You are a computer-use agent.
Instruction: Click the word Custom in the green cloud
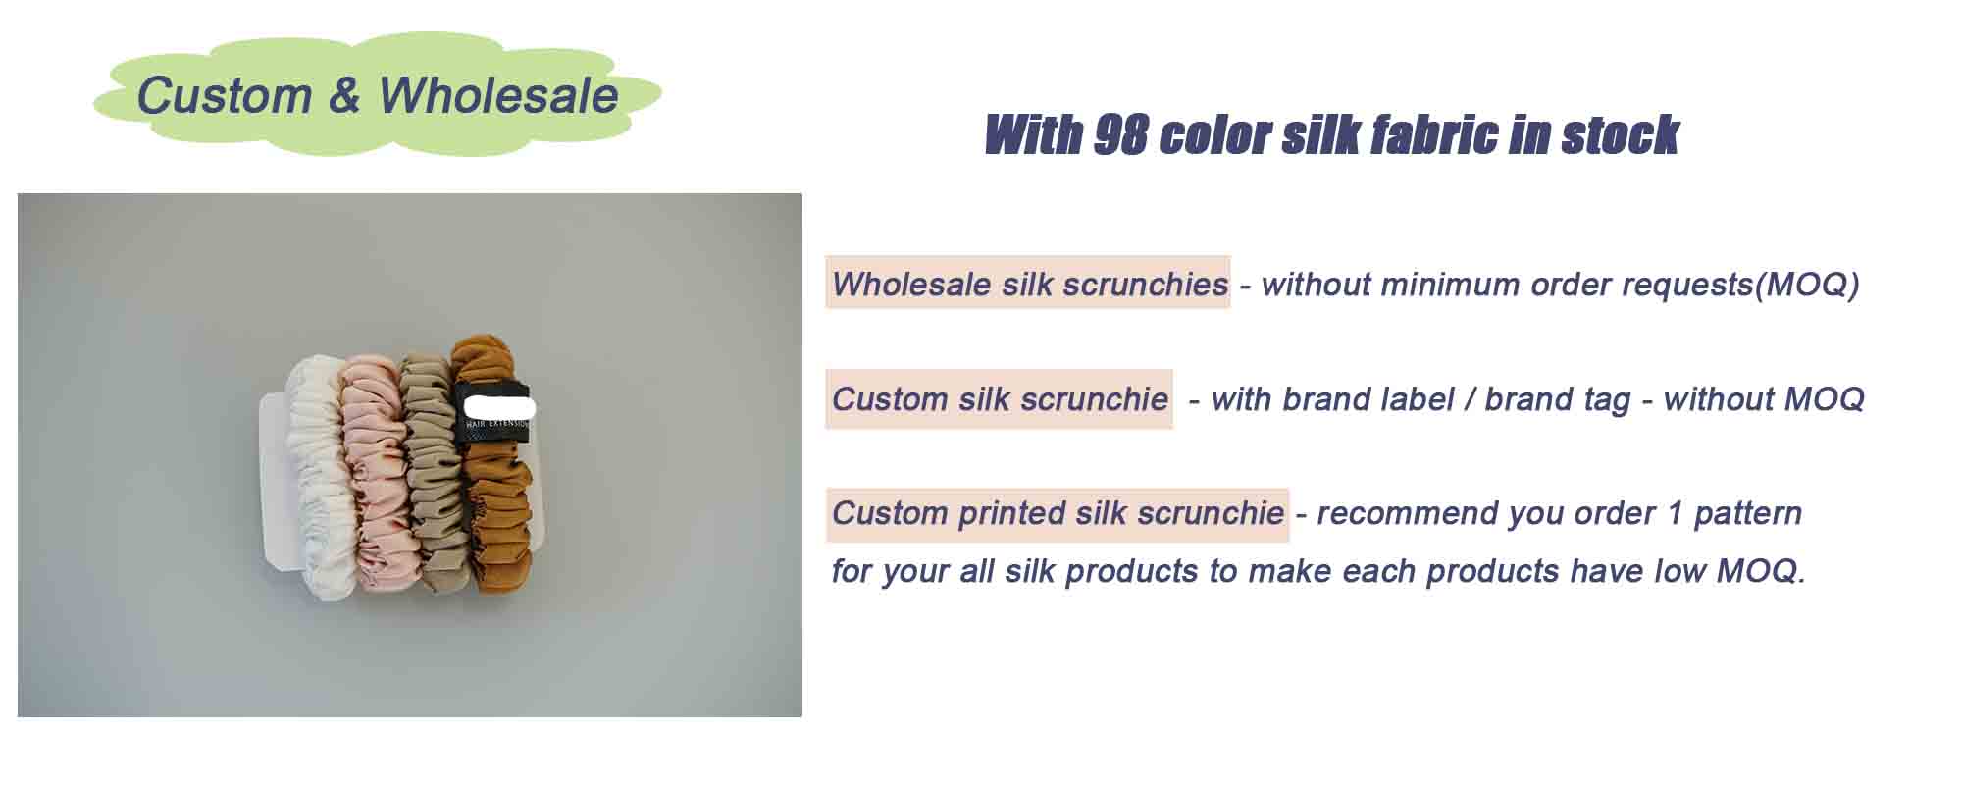pos(224,96)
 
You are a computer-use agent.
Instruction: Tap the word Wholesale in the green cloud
pos(497,96)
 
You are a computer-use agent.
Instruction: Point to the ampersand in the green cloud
pos(344,96)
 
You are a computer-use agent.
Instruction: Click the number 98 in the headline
pos(1120,134)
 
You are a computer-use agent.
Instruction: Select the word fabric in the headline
pos(1433,134)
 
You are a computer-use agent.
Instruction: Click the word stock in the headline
pos(1620,134)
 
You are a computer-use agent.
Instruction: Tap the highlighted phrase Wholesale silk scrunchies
pos(1028,285)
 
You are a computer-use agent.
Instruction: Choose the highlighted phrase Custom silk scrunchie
pos(999,399)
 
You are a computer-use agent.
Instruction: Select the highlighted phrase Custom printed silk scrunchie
pos(1057,513)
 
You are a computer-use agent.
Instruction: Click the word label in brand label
pos(1418,399)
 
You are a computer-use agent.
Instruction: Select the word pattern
pos(1747,513)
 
